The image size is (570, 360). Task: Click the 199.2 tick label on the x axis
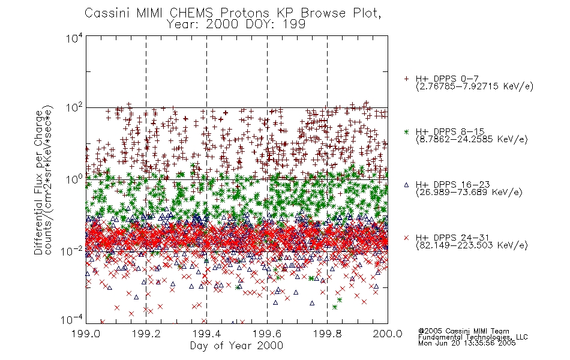point(146,334)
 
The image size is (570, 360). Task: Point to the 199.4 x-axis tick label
point(207,334)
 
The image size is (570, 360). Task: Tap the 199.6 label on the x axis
point(267,334)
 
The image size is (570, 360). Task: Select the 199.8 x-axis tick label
point(328,334)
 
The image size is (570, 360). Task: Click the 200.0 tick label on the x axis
point(388,334)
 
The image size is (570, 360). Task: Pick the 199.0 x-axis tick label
point(86,334)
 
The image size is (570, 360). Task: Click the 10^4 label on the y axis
point(74,38)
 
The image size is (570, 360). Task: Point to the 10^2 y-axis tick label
point(74,108)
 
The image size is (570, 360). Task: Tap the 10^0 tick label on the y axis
point(74,179)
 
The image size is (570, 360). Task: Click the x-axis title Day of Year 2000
point(236,346)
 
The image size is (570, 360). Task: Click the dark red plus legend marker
point(406,79)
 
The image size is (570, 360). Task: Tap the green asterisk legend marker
point(406,132)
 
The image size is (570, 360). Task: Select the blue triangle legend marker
point(406,185)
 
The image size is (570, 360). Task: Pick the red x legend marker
point(406,238)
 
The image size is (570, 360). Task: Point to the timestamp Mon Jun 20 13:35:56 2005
point(467,343)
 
